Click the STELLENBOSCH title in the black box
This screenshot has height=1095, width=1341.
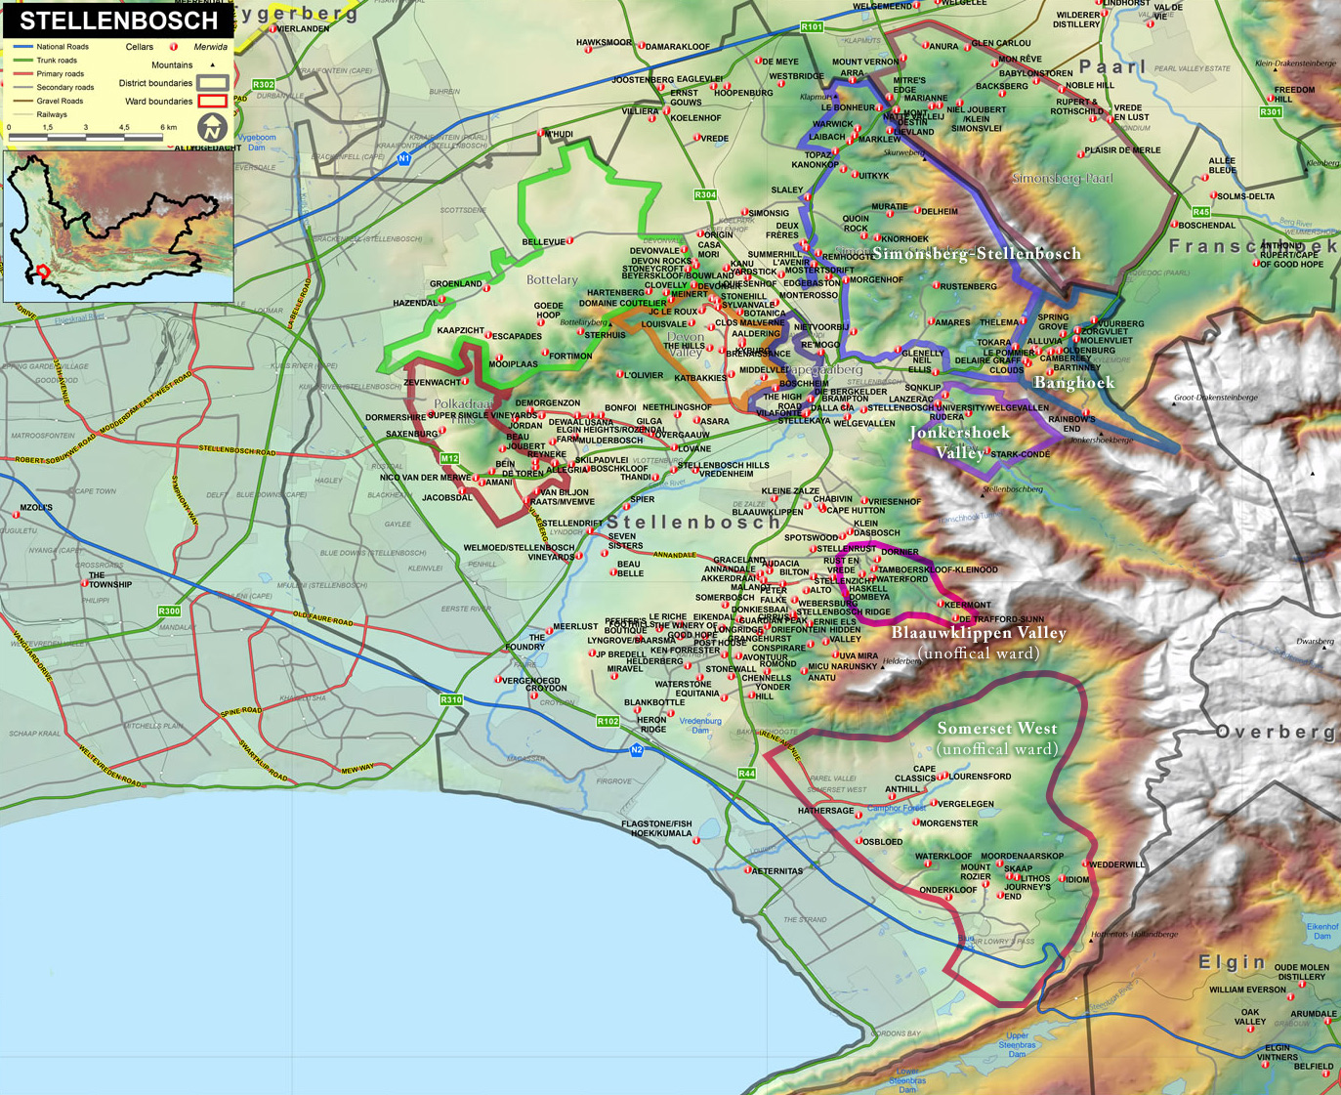point(118,21)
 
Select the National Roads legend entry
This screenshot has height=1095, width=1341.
point(62,47)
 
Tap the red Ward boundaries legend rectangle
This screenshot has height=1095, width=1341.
point(212,101)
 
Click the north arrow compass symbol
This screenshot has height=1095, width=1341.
point(212,127)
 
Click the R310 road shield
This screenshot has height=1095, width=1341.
point(450,699)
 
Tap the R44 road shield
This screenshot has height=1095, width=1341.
point(746,773)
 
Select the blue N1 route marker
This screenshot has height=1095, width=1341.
point(404,158)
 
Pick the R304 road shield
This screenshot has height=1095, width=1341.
point(705,194)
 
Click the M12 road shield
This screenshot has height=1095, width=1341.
point(449,458)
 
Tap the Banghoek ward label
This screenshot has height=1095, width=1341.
point(1074,383)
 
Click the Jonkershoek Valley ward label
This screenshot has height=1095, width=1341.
point(960,442)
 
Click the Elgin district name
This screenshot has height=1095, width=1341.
point(1232,962)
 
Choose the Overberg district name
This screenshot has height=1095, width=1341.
point(1275,732)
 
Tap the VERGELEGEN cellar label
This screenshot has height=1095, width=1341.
point(966,804)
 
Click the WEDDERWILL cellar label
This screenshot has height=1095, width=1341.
point(1117,864)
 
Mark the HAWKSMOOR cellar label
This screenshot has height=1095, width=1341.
point(604,43)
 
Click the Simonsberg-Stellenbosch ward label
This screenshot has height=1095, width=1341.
point(977,254)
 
